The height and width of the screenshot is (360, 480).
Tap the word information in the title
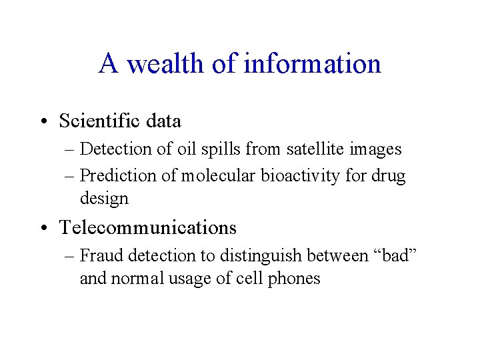(313, 64)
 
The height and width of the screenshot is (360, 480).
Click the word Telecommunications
(148, 228)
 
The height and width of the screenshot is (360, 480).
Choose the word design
(104, 199)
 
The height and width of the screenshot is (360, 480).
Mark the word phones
(295, 279)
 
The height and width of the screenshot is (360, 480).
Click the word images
(379, 149)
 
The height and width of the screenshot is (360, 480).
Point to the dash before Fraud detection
(70, 256)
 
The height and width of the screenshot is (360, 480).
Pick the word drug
(390, 176)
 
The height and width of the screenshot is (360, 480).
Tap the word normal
(138, 279)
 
